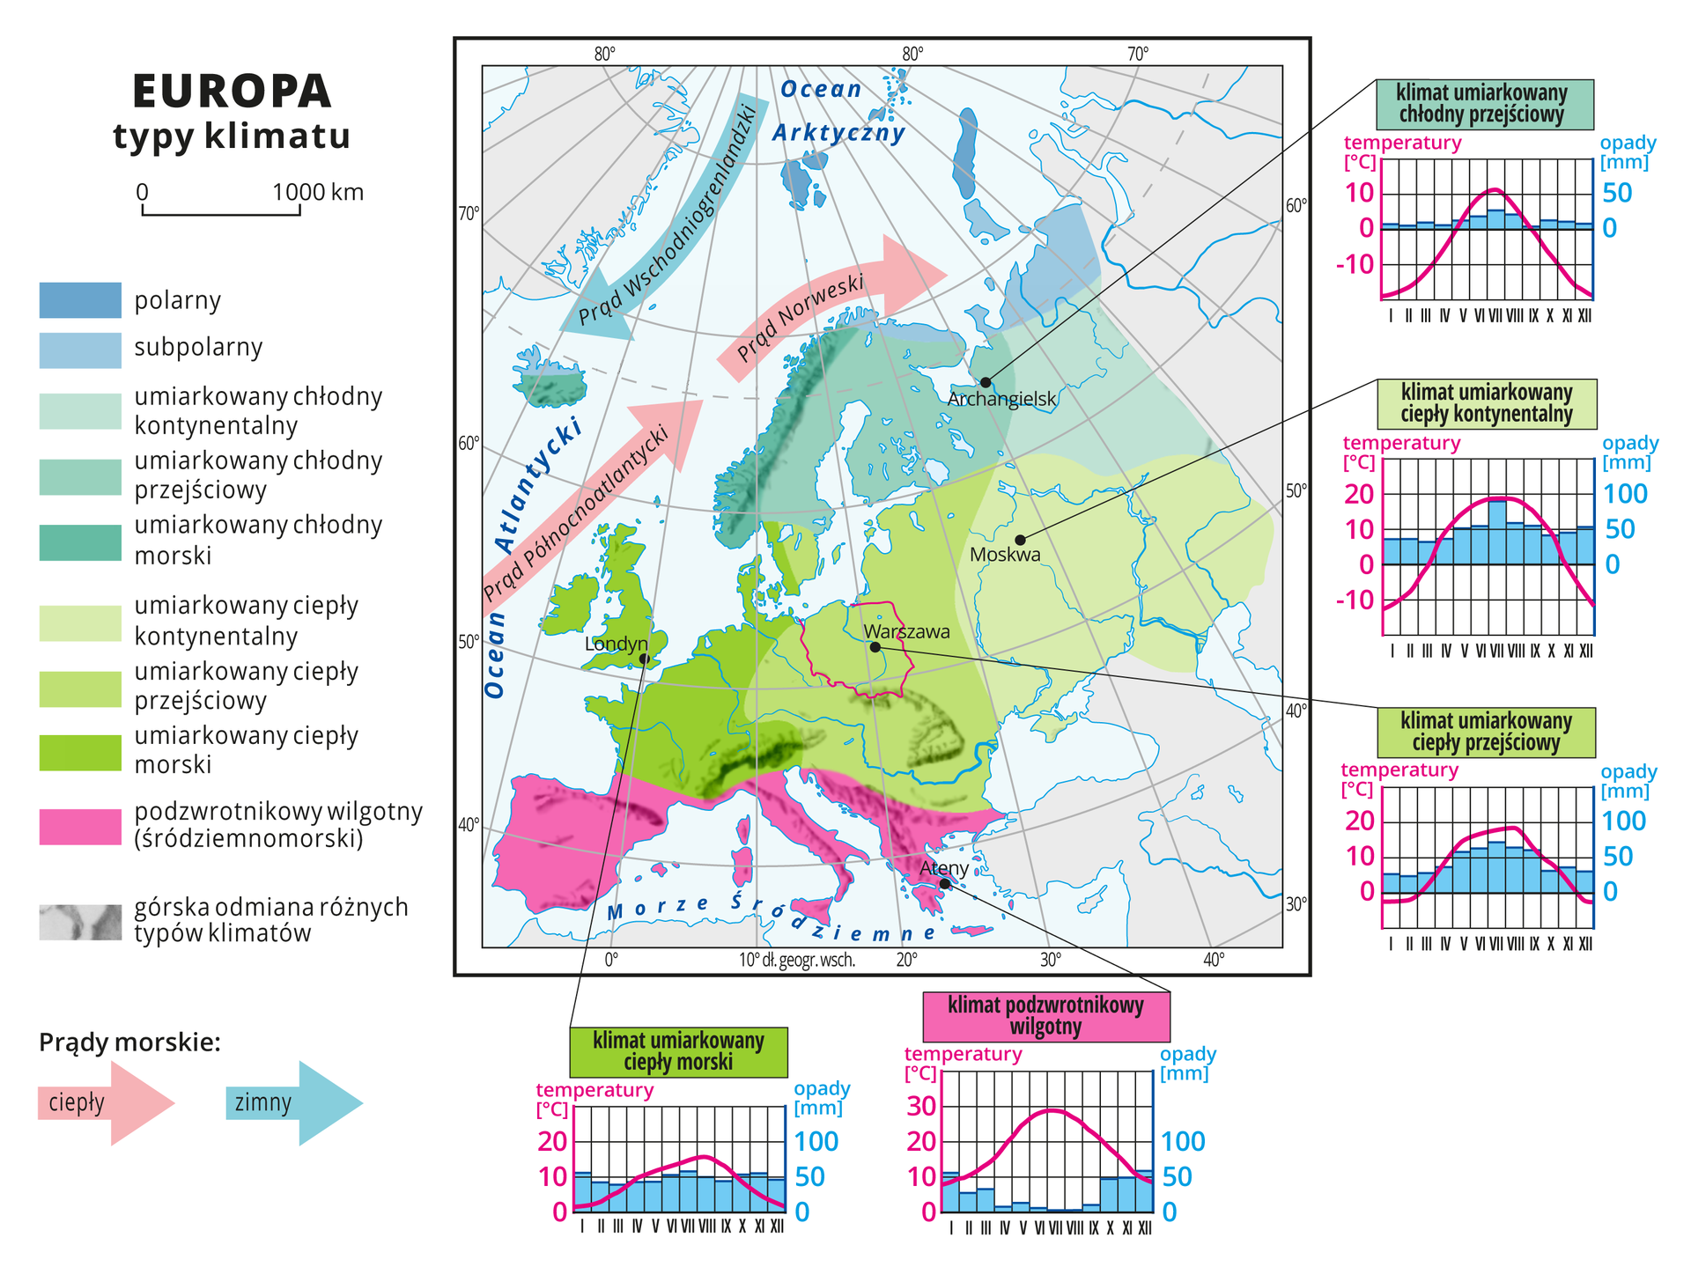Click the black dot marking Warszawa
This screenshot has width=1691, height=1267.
click(875, 647)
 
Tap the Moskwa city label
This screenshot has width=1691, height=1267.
click(1005, 556)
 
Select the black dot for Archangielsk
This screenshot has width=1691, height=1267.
click(986, 382)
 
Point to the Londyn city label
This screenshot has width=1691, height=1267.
click(616, 644)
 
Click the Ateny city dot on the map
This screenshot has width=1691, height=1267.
click(945, 883)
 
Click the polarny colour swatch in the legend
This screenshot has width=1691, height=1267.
click(80, 300)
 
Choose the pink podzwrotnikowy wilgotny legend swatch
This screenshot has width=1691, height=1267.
click(80, 827)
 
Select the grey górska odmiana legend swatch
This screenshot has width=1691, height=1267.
click(80, 922)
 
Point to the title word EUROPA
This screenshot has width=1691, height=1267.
click(232, 91)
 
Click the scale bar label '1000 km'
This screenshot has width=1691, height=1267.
click(317, 192)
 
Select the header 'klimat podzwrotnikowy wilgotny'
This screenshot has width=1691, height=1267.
click(1045, 1016)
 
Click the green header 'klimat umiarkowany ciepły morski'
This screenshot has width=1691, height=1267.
click(678, 1051)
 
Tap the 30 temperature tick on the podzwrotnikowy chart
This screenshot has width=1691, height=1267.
click(921, 1106)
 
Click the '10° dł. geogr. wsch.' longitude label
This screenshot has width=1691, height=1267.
click(797, 960)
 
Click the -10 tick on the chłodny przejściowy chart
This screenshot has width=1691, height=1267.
click(1355, 264)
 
